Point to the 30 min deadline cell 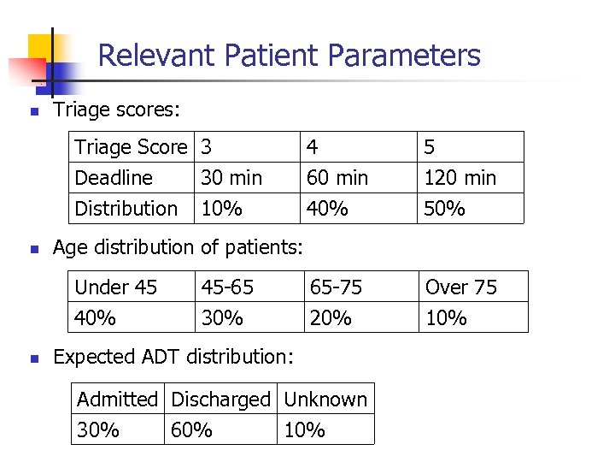(x=231, y=178)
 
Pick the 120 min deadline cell (x=460, y=178)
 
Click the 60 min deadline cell (x=337, y=178)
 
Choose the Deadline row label (x=114, y=178)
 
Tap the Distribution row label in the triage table (x=126, y=209)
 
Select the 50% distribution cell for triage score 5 (x=445, y=209)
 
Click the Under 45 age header (x=116, y=287)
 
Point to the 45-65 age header (x=227, y=287)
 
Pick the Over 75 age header (x=461, y=287)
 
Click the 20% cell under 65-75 (x=331, y=318)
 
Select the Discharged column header (x=220, y=400)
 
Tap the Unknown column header (x=325, y=400)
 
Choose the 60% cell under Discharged (x=191, y=430)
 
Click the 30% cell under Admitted (x=98, y=430)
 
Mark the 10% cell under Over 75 (x=446, y=318)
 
